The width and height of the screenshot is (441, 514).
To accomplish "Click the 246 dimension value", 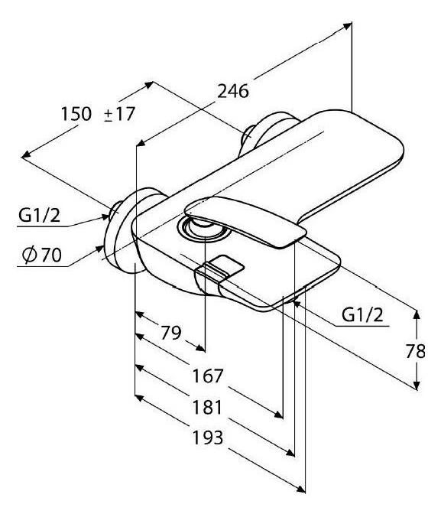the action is tap(233, 92).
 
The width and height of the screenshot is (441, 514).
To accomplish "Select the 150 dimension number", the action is tap(76, 114).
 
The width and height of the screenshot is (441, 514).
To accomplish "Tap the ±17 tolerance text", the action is tap(119, 115).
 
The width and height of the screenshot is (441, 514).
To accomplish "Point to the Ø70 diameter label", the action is tap(41, 255).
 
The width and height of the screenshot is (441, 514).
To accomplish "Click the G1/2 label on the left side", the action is tap(39, 216).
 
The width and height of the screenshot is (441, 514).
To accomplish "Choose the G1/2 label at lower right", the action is tap(362, 315).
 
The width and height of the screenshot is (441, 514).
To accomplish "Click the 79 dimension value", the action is tap(170, 333).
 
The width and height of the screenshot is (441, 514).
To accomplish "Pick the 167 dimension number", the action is tap(207, 376).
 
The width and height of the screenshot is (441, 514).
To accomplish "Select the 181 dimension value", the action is tap(207, 407).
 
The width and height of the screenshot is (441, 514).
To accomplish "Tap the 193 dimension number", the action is tap(208, 438).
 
